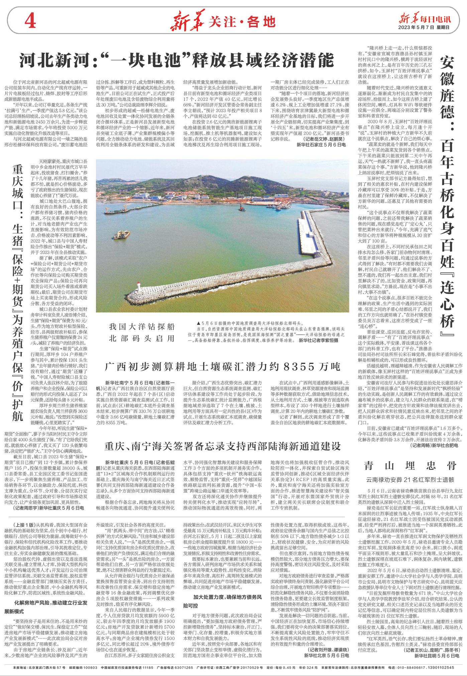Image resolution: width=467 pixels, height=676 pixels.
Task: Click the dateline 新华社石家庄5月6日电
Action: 321,145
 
